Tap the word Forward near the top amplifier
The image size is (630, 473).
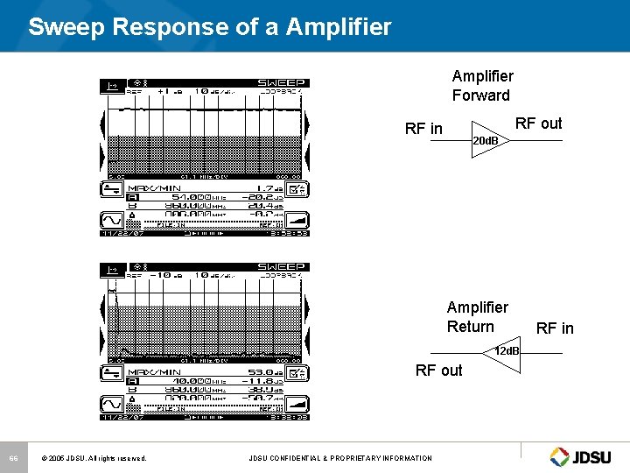coord(480,95)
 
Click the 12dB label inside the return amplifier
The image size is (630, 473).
coord(506,351)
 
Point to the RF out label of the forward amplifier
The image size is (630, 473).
coord(538,124)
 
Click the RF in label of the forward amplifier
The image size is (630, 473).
coord(423,129)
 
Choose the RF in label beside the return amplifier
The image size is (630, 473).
coord(555,328)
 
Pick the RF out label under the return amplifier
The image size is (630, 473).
coord(438,371)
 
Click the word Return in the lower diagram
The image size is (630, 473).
coord(470,327)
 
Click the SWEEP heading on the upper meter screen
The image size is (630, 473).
coord(281,83)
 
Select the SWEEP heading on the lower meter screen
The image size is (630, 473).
coord(281,266)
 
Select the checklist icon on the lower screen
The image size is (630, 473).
coord(299,372)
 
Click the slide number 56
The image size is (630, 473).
coord(14,458)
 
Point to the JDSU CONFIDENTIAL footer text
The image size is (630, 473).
coord(340,458)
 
